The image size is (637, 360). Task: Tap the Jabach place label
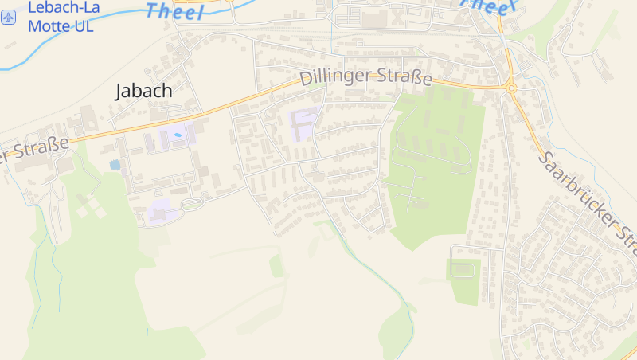[x=143, y=91]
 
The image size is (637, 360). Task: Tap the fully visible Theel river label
[x=175, y=10]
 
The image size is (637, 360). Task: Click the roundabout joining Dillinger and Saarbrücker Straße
[x=511, y=88]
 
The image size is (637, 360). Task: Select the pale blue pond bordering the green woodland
[x=115, y=166]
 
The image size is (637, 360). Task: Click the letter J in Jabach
[x=120, y=92]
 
